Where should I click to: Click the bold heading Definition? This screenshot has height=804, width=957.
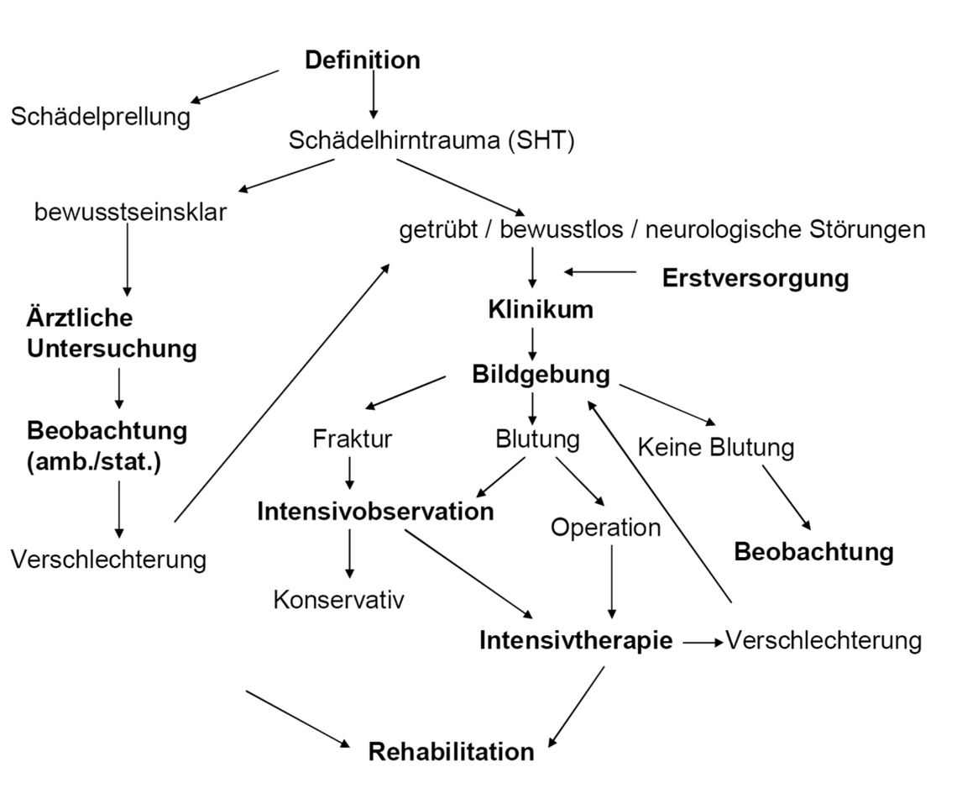click(x=362, y=60)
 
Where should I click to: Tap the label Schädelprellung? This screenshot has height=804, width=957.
click(x=101, y=116)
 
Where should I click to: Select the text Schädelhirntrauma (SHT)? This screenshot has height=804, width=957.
click(x=431, y=140)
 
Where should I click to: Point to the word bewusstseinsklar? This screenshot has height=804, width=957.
click(x=130, y=212)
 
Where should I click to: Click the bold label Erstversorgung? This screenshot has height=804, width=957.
click(x=755, y=278)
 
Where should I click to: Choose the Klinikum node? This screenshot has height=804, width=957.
click(x=541, y=310)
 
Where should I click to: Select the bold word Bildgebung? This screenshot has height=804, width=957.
click(x=541, y=374)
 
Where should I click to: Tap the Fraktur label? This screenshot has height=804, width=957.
click(x=352, y=439)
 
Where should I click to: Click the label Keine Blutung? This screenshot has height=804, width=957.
click(x=715, y=447)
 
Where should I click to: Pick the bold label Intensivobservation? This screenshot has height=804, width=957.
click(x=375, y=511)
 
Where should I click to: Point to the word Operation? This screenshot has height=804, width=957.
click(x=605, y=528)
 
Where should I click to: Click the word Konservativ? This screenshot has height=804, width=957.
click(x=339, y=600)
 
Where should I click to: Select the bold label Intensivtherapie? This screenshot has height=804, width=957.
click(x=576, y=641)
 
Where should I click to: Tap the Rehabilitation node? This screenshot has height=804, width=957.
click(x=451, y=751)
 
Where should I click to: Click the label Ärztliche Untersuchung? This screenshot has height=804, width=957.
click(x=112, y=334)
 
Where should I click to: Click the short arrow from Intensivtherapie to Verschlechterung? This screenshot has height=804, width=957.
click(x=703, y=643)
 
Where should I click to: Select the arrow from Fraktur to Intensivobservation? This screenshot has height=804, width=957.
click(x=349, y=474)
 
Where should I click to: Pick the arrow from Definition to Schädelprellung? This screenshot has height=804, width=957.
click(x=235, y=87)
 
